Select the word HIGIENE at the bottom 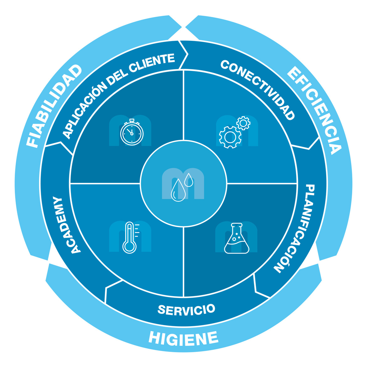[x=183, y=338]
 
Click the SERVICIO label [x=186, y=310]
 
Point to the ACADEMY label [x=67, y=225]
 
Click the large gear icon [x=230, y=137]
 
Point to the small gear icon [x=243, y=123]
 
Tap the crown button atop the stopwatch [x=132, y=120]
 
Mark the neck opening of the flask [x=237, y=225]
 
